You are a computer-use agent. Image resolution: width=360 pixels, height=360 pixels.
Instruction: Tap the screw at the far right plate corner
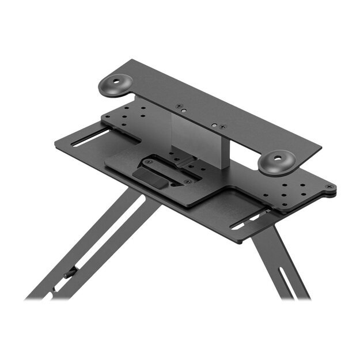328,187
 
